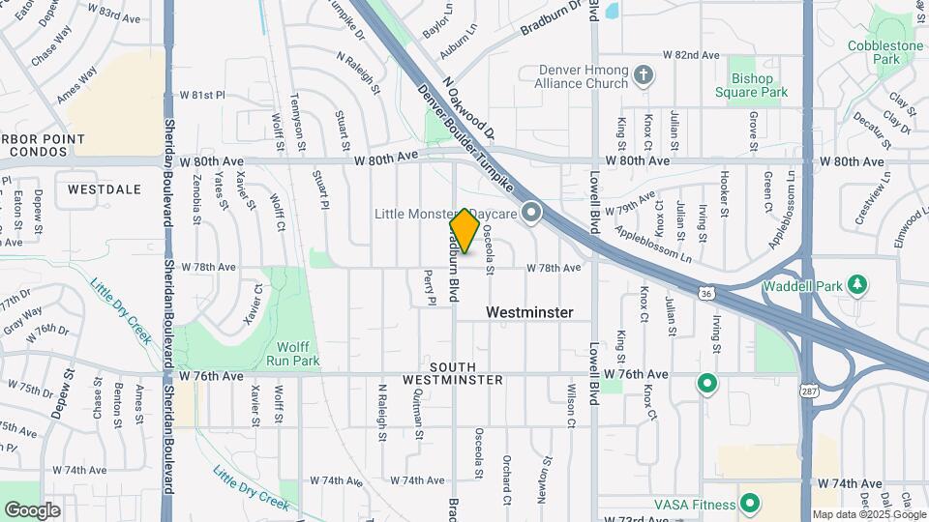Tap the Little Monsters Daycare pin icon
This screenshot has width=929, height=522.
pyautogui.click(x=530, y=212)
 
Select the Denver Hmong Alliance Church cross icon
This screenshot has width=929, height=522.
pyautogui.click(x=644, y=74)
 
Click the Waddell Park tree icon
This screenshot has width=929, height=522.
pyautogui.click(x=855, y=285)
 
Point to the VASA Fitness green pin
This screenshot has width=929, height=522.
pyautogui.click(x=749, y=504)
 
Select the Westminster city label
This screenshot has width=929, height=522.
pyautogui.click(x=529, y=312)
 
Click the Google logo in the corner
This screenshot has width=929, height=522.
pyautogui.click(x=32, y=509)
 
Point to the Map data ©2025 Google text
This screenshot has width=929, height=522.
pyautogui.click(x=869, y=514)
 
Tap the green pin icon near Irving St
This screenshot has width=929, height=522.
pyautogui.click(x=707, y=384)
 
